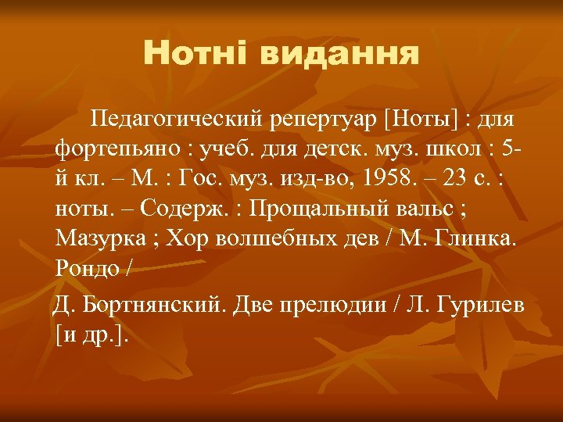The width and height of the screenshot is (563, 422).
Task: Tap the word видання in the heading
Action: point(338,54)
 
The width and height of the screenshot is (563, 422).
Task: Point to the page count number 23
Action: point(452,179)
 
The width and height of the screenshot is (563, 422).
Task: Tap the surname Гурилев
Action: point(484,304)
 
